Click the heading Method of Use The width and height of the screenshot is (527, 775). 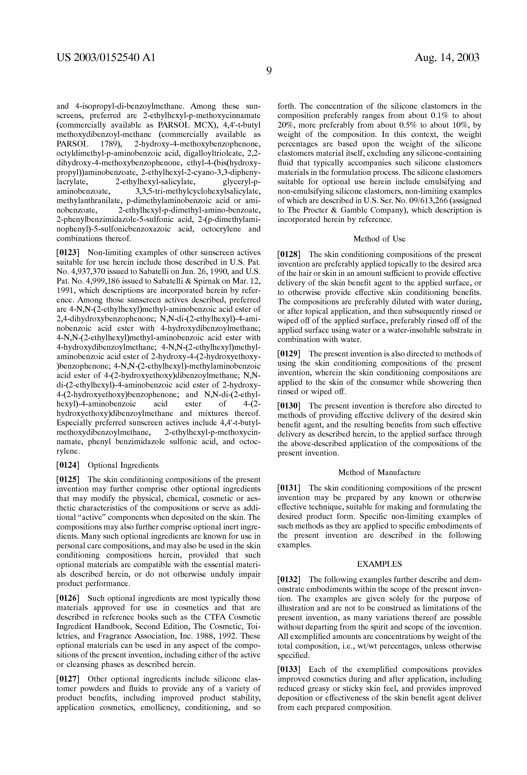point(379,239)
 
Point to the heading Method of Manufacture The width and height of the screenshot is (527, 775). point(379,473)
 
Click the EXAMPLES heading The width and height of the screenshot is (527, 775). point(379,564)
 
